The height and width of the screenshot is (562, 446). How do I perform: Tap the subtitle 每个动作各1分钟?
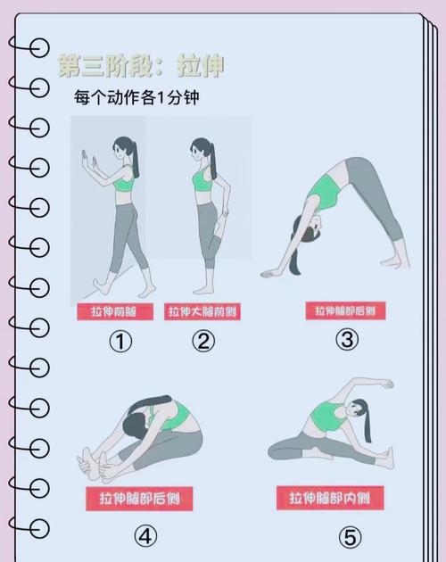[136, 96]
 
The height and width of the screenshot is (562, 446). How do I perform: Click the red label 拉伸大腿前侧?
[202, 311]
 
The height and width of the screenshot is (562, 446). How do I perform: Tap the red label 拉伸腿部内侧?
[329, 497]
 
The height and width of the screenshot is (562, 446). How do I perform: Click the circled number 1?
[120, 342]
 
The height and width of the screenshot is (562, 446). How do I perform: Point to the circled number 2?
[203, 342]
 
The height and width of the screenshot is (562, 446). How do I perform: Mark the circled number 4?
[145, 535]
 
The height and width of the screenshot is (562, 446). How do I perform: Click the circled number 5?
[349, 537]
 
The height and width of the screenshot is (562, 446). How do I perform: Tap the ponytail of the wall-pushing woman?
[136, 161]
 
